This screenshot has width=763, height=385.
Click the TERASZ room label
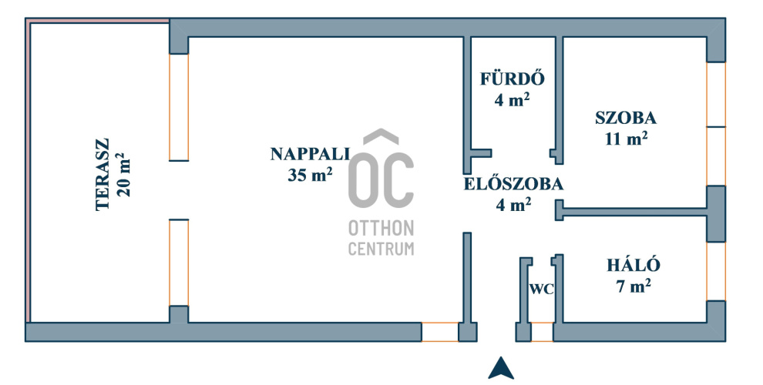pyautogui.click(x=102, y=175)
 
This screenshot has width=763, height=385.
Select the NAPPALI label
pyautogui.click(x=310, y=153)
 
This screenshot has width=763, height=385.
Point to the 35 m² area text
pyautogui.click(x=310, y=175)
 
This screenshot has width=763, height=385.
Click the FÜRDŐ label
pyautogui.click(x=513, y=79)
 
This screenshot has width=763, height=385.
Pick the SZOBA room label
pyautogui.click(x=625, y=118)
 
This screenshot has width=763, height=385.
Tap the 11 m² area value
pyautogui.click(x=625, y=139)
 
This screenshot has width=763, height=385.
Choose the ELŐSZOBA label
pyautogui.click(x=513, y=185)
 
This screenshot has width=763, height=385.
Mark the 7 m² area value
pyautogui.click(x=634, y=286)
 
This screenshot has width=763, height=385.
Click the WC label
pyautogui.click(x=541, y=290)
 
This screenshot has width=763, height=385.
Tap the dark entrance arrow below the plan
pyautogui.click(x=501, y=369)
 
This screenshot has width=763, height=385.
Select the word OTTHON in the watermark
pyautogui.click(x=381, y=229)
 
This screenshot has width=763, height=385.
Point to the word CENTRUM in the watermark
pyautogui.click(x=381, y=249)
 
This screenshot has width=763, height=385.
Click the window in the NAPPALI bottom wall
pyautogui.click(x=440, y=332)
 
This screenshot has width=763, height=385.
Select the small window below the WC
pyautogui.click(x=543, y=332)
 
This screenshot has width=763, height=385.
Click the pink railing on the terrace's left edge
pyautogui.click(x=28, y=169)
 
